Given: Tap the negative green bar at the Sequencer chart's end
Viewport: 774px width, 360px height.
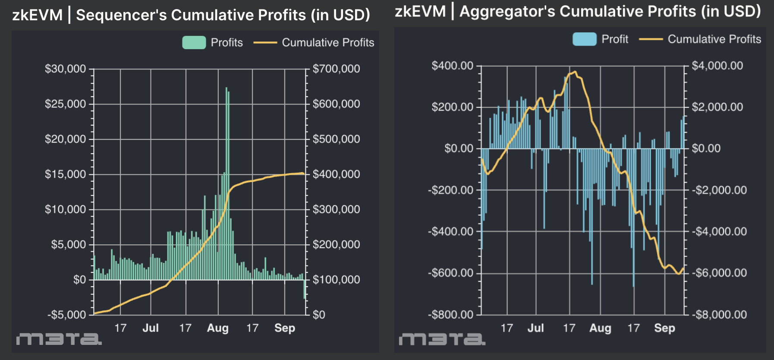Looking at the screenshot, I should (x=305, y=289).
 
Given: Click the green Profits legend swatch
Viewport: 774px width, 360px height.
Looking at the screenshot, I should (x=194, y=42).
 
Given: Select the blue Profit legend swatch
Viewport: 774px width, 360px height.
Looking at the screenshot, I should (x=584, y=39).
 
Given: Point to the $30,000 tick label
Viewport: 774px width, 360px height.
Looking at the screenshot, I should (x=65, y=69).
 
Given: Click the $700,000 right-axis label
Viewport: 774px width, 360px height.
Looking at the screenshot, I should (x=336, y=69).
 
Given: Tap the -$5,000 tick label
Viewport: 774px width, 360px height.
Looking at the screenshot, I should (x=66, y=315).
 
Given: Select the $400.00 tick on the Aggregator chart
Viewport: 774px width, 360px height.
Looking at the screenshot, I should (x=452, y=66).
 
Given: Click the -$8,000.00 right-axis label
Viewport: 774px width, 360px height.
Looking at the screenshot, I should (x=719, y=314).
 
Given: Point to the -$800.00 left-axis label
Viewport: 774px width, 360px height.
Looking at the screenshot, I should (x=450, y=314).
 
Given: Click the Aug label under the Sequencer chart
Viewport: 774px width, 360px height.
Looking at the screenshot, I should (x=217, y=328).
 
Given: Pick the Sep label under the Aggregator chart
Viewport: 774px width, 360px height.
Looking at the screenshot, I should (x=664, y=328).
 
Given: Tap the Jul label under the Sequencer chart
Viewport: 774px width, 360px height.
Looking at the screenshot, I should (x=151, y=328).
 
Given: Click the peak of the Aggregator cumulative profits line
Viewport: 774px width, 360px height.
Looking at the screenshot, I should (x=575, y=72).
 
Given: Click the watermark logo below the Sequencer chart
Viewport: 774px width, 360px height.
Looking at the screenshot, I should (x=59, y=339).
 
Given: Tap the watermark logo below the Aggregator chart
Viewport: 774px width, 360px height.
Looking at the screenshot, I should (x=442, y=339).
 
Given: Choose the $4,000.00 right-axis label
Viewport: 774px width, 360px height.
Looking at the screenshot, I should (x=717, y=66).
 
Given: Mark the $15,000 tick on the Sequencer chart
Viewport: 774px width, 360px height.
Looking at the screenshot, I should (x=65, y=174).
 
